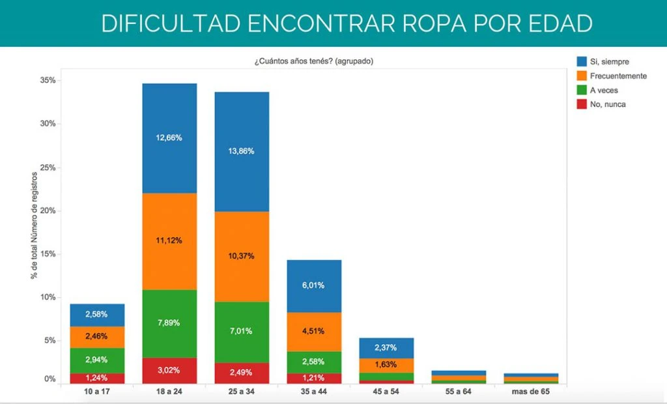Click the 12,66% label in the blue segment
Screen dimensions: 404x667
(169, 138)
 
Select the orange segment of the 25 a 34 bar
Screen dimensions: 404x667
(242, 256)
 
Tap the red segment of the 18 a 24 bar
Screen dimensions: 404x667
(169, 371)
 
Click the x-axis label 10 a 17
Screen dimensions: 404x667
(97, 392)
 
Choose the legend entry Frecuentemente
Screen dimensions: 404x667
(618, 76)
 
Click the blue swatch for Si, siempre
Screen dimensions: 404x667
(581, 62)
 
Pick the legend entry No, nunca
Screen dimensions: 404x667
(608, 104)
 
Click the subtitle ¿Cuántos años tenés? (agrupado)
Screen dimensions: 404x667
(313, 61)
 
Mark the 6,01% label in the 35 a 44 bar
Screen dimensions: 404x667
(314, 285)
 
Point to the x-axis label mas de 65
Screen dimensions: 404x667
(531, 392)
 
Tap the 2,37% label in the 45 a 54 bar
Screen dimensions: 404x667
(386, 347)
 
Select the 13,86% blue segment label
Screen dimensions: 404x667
(242, 151)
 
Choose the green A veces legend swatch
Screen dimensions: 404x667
(581, 90)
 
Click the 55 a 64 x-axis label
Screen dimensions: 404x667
(459, 392)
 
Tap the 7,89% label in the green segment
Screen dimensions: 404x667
(169, 323)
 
